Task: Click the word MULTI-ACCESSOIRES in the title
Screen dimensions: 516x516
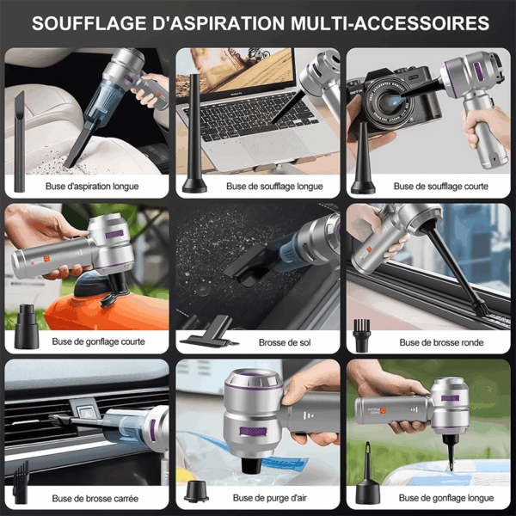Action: point(390,23)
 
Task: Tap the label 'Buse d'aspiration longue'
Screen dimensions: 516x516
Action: point(92,187)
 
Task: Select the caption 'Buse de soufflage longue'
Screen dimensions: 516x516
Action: point(274,187)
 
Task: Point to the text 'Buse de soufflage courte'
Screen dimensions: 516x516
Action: point(440,187)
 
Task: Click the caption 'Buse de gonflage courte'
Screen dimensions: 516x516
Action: point(98,341)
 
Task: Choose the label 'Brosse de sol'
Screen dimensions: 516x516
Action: point(285,342)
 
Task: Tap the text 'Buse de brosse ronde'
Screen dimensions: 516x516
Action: point(441,342)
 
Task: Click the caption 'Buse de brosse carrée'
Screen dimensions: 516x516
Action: point(95,498)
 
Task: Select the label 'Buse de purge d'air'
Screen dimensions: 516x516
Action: point(270,498)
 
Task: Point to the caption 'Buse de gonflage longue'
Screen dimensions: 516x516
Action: point(446,498)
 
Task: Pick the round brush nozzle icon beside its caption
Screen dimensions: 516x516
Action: point(362,335)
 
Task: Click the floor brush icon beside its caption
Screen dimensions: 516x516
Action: point(209,332)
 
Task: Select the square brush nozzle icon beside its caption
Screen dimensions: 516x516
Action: point(21,482)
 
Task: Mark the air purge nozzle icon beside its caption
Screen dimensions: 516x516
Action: point(196,491)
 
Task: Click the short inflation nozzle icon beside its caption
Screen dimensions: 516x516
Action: point(27,327)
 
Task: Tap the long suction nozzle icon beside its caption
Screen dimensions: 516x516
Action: point(20,142)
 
